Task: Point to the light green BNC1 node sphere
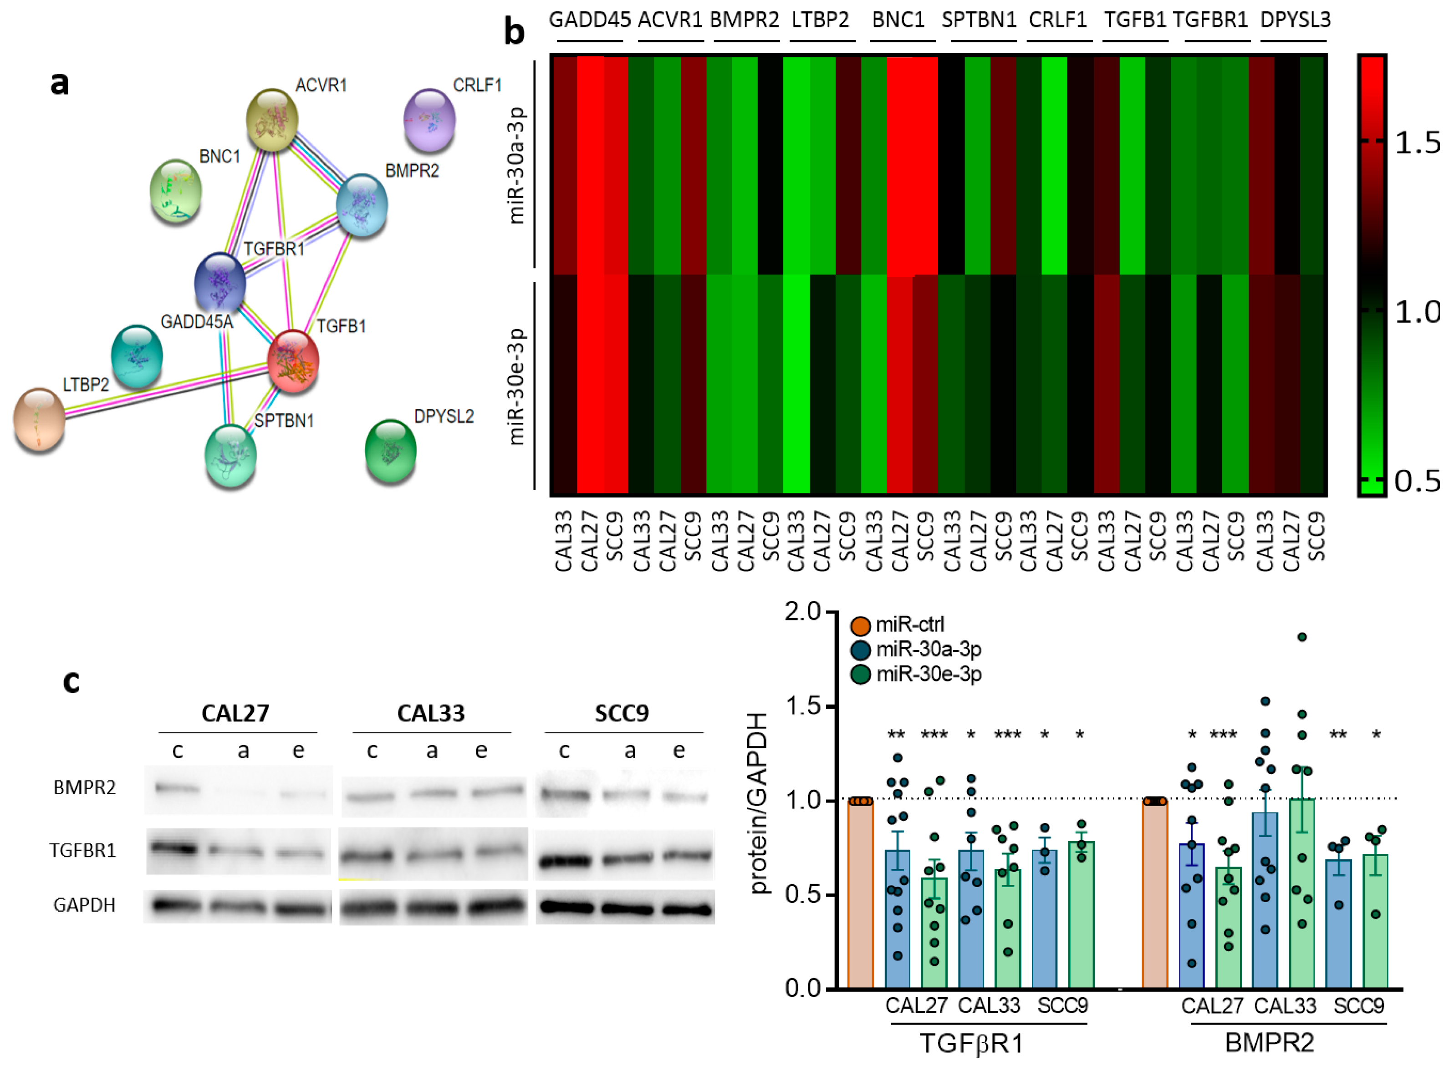(x=176, y=191)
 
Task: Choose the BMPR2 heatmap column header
(x=744, y=20)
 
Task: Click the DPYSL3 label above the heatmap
(x=1295, y=20)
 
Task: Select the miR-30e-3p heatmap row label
(x=516, y=386)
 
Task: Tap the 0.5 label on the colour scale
(x=1417, y=481)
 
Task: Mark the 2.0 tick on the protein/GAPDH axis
(x=802, y=611)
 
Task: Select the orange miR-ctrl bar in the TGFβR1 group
(x=860, y=893)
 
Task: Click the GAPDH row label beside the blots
(x=85, y=905)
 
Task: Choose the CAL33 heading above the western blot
(x=430, y=714)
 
